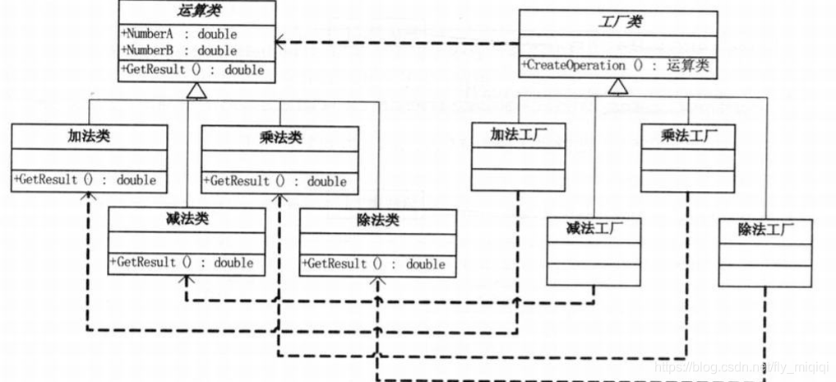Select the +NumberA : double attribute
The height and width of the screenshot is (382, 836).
pos(179,35)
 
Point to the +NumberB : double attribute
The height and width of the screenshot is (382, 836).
pos(179,50)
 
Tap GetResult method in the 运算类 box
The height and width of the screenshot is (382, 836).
pos(193,70)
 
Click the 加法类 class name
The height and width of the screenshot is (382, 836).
pos(89,136)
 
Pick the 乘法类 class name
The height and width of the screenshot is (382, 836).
pos(279,137)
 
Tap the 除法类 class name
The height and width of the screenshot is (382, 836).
pos(377,221)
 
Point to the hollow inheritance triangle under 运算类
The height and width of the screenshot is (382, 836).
pos(196,93)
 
